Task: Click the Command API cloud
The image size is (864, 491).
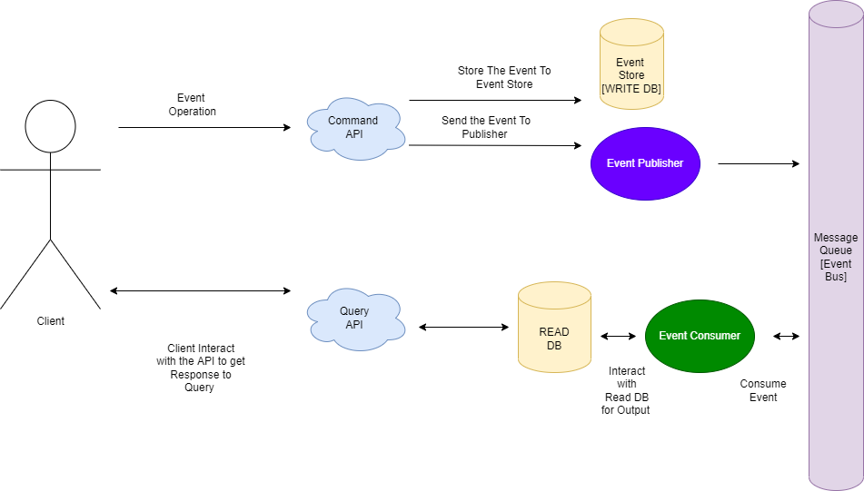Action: tap(353, 128)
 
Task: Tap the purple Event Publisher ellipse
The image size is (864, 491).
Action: tap(644, 163)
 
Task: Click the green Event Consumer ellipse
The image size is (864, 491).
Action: tap(700, 336)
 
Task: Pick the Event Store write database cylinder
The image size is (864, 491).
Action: tap(631, 68)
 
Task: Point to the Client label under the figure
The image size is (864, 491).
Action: tap(50, 321)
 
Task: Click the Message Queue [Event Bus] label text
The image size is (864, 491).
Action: tap(835, 257)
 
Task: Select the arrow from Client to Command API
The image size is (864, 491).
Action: tap(204, 128)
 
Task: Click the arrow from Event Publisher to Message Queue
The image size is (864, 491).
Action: tap(758, 164)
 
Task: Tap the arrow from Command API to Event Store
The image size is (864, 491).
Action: tap(494, 101)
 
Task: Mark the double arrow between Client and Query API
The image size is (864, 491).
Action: tap(200, 290)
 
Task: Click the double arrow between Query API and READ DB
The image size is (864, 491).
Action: tap(462, 327)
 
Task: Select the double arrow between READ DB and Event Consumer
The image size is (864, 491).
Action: tap(618, 336)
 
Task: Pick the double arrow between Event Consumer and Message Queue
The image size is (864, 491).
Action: tap(786, 336)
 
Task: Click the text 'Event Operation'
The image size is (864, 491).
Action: tap(192, 104)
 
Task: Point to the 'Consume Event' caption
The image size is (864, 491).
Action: tap(762, 390)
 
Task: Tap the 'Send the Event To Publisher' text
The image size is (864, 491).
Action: tap(485, 127)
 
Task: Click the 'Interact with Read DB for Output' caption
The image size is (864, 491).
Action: tap(626, 390)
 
